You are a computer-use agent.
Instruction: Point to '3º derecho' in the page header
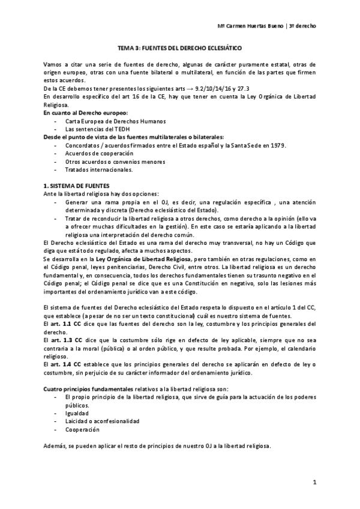click(x=304, y=26)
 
